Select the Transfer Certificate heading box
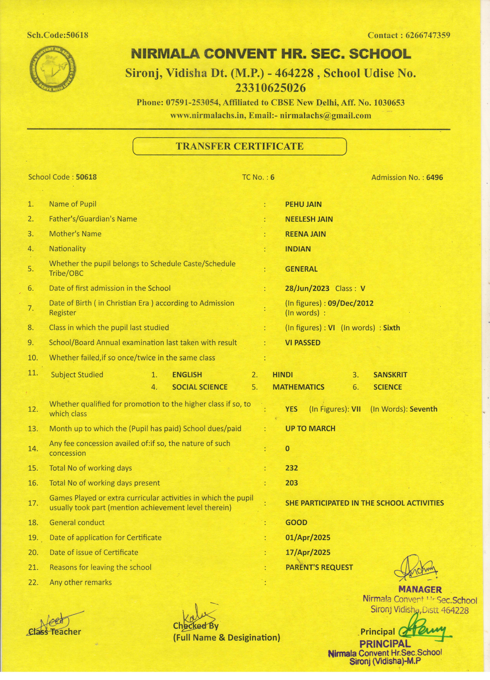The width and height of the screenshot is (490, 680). click(239, 146)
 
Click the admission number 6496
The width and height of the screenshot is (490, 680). click(434, 177)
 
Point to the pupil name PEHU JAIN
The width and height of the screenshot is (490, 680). click(303, 205)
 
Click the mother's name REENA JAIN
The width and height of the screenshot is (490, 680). click(305, 234)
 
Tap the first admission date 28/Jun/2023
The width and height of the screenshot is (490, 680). click(307, 289)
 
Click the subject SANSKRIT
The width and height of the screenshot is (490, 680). click(390, 375)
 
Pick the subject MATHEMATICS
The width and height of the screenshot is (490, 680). click(298, 387)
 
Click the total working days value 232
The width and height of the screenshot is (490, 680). click(292, 468)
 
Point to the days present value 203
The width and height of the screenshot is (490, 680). click(292, 483)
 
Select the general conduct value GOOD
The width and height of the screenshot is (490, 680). click(296, 523)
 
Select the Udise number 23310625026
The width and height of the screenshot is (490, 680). click(270, 88)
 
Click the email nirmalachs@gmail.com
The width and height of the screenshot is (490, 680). click(325, 116)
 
